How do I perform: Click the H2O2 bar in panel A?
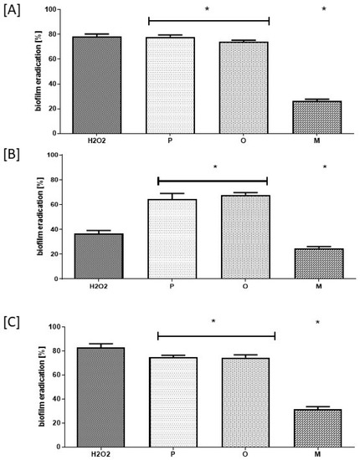97,84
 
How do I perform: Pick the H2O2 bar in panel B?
98,256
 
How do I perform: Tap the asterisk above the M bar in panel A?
324,11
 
